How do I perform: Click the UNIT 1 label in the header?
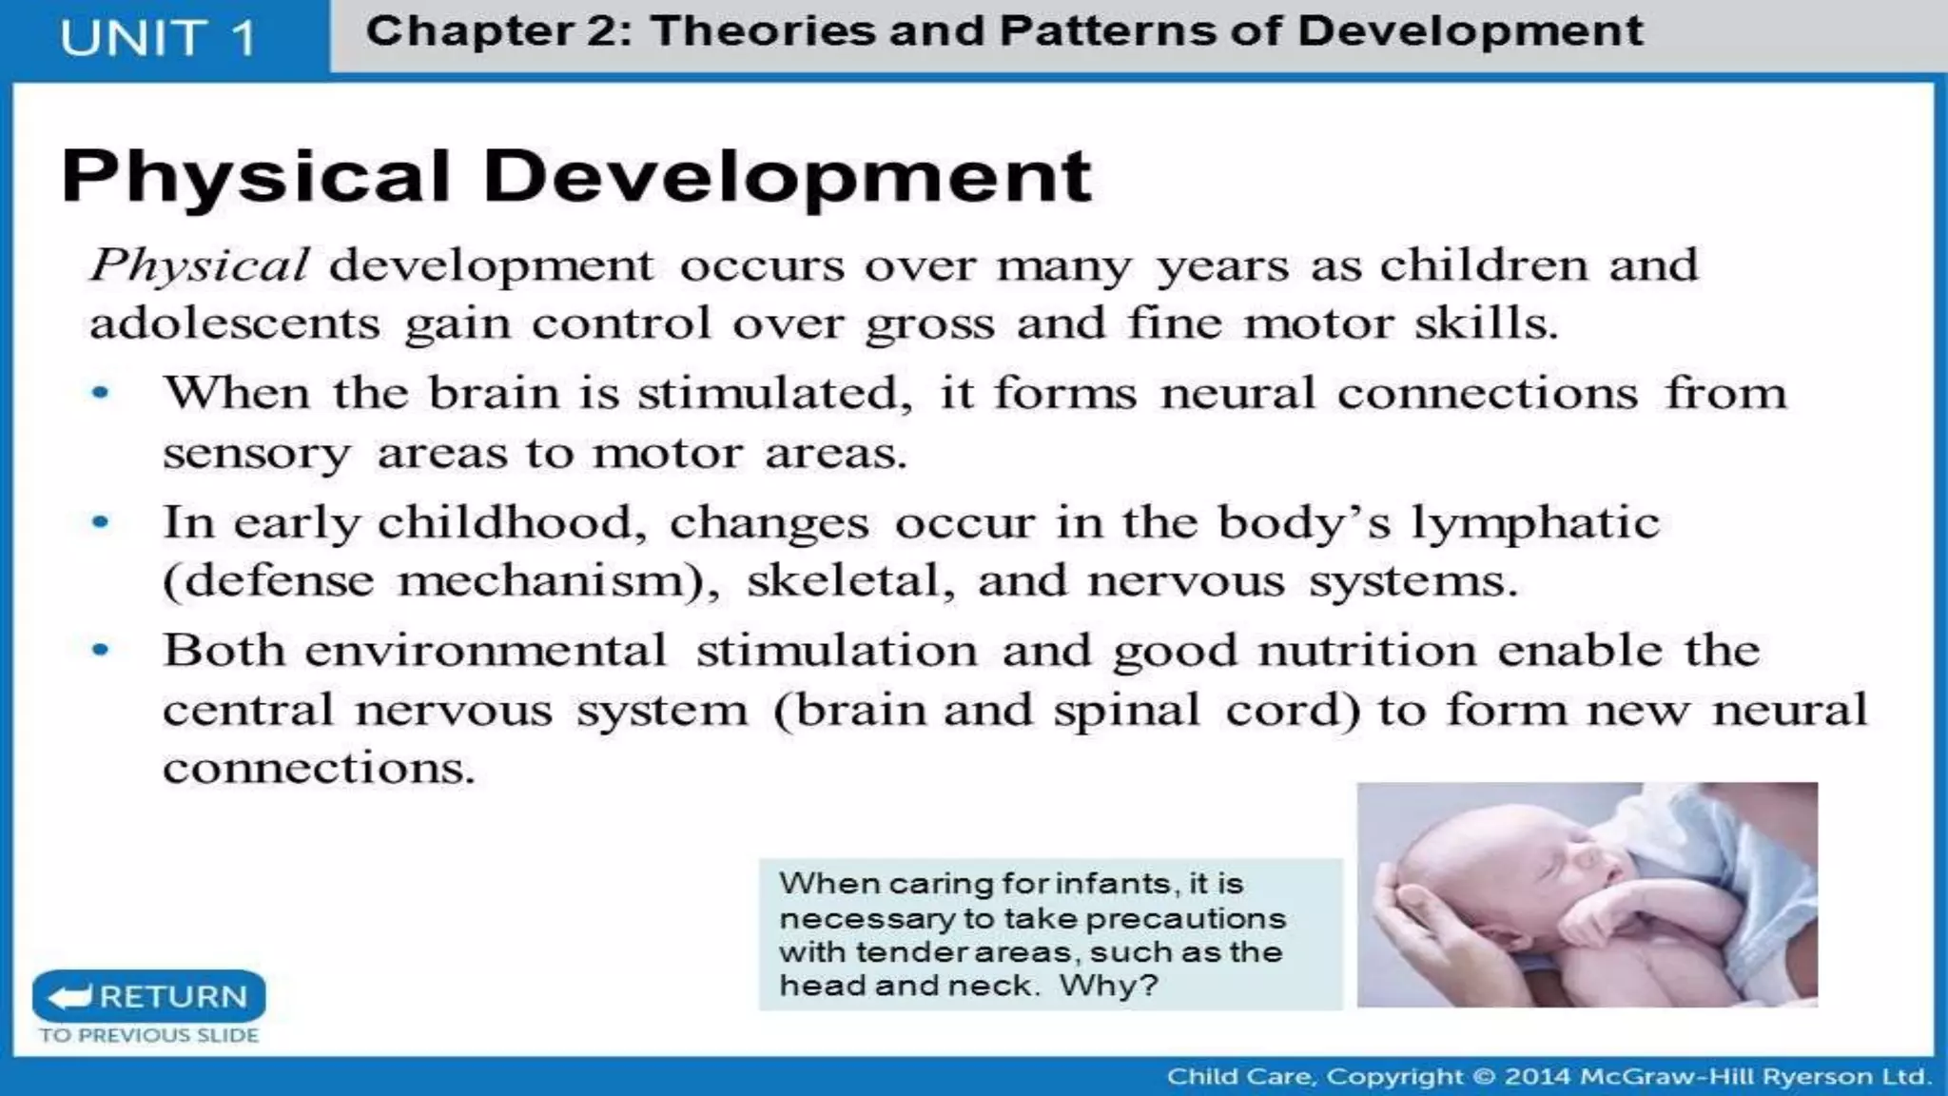(x=158, y=39)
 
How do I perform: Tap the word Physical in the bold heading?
(x=255, y=177)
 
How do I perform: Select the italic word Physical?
(x=199, y=264)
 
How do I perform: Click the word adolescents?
(x=235, y=323)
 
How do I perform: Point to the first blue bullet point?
(x=100, y=392)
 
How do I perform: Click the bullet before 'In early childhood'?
(x=100, y=521)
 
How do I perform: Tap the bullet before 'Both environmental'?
(x=100, y=650)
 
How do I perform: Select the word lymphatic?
(x=1533, y=523)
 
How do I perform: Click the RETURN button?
(x=149, y=996)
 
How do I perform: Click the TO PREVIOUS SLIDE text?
(x=149, y=1035)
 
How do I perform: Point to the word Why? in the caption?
(x=1109, y=985)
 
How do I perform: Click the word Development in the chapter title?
(x=1470, y=30)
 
